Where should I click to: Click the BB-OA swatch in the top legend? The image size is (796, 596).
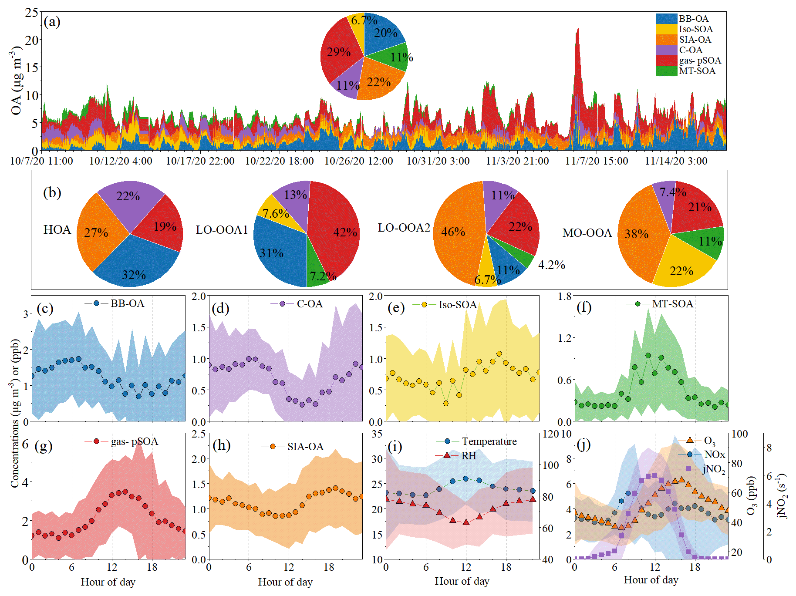(x=667, y=19)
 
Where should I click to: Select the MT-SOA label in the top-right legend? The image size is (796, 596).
(x=697, y=71)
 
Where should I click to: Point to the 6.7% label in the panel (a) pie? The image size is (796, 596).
(x=364, y=20)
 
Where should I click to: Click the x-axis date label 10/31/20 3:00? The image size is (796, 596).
(x=438, y=161)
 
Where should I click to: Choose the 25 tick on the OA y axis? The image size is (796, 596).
(x=31, y=12)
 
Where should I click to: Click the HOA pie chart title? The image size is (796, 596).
(x=57, y=229)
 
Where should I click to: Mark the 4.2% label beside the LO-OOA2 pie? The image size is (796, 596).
(x=551, y=265)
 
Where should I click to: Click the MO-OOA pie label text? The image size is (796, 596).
(x=587, y=233)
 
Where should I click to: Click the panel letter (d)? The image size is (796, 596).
(x=220, y=308)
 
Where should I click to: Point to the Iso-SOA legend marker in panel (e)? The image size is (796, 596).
(x=424, y=304)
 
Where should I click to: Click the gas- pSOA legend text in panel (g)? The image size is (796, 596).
(x=134, y=441)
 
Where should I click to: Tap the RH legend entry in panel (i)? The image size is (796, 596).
(x=469, y=456)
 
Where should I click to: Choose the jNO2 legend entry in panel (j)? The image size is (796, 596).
(x=714, y=469)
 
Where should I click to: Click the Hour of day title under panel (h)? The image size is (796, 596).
(x=285, y=582)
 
